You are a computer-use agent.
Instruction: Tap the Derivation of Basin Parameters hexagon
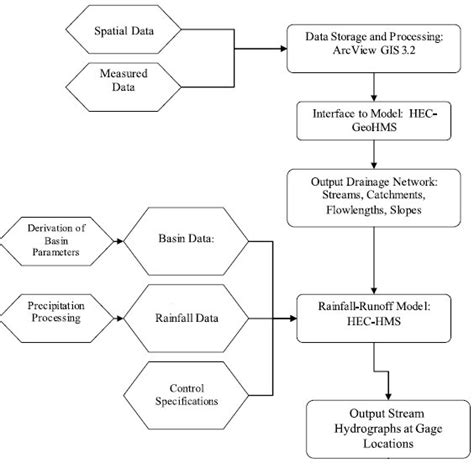(60, 243)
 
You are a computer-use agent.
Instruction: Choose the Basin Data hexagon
(188, 243)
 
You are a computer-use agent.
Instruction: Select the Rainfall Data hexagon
(188, 321)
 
